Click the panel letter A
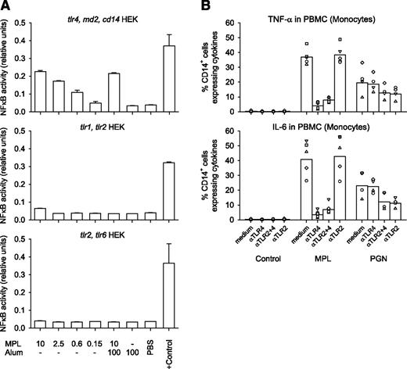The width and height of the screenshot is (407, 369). pyautogui.click(x=5, y=7)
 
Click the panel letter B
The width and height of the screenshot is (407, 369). pyautogui.click(x=221, y=7)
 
